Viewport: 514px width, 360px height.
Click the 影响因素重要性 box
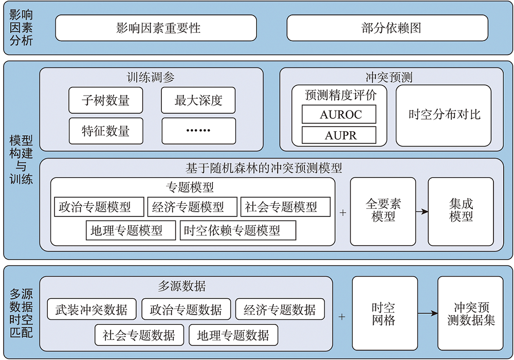[x=156, y=28]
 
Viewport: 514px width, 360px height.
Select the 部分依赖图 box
[x=388, y=28]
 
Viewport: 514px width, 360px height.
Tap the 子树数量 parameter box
[x=106, y=100]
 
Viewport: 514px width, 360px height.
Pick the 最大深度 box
[x=198, y=100]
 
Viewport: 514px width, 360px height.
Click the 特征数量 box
[x=106, y=131]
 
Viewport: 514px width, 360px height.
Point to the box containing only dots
[x=198, y=131]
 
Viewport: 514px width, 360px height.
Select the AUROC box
[x=339, y=114]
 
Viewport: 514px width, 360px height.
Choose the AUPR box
[x=339, y=135]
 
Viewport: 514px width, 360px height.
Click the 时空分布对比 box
[x=444, y=115]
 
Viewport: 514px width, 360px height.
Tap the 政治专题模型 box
[x=99, y=207]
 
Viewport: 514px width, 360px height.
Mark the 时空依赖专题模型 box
[x=238, y=230]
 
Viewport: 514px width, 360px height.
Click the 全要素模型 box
[x=383, y=211]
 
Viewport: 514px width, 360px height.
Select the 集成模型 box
[x=461, y=211]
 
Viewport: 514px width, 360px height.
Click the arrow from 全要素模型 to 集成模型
[x=422, y=212]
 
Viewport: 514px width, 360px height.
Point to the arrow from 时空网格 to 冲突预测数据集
[x=428, y=314]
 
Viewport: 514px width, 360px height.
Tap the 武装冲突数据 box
[x=92, y=309]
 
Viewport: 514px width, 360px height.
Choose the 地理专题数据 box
[x=233, y=335]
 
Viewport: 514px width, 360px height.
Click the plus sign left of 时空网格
[x=342, y=317]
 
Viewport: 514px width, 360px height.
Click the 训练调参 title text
[x=151, y=78]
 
